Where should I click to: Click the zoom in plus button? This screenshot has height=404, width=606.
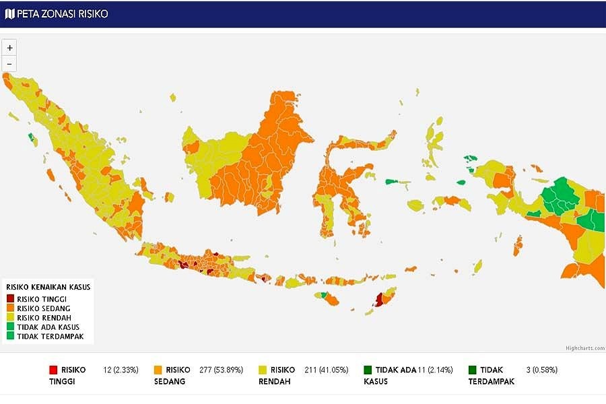coord(9,48)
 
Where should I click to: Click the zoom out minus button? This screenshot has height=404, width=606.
coord(9,64)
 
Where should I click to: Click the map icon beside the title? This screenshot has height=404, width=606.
coord(9,13)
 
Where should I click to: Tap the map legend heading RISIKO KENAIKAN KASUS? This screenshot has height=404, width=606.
coord(48,287)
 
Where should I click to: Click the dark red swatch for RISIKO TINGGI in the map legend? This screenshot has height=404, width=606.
coord(10,298)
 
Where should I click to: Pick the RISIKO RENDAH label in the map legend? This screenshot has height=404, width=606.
coord(44,317)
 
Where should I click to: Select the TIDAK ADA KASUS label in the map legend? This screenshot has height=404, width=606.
coord(48,327)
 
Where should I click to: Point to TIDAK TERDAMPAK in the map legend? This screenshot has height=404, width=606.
coord(50,336)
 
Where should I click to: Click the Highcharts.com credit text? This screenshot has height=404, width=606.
coord(584,348)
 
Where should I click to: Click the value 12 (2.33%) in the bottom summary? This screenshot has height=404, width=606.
coord(121,370)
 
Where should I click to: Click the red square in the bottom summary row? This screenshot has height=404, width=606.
coord(53,370)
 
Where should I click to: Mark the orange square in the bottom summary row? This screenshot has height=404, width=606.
coord(158,370)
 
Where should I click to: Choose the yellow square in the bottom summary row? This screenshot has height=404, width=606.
coord(263,370)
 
